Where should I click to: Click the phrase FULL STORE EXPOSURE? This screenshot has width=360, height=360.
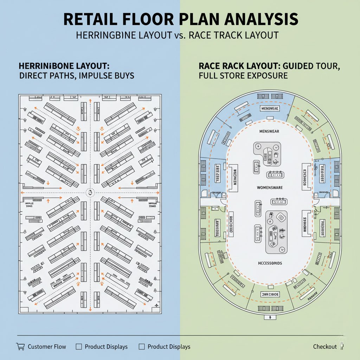243,76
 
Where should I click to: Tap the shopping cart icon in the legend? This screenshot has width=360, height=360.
20,346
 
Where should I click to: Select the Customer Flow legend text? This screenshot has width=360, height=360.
47,347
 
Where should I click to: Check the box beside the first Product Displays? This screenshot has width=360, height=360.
79,347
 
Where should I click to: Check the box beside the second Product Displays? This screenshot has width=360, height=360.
142,347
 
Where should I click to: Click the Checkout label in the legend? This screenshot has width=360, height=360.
325,347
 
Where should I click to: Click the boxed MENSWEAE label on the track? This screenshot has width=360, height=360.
270,109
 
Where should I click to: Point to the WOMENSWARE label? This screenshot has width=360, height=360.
270,187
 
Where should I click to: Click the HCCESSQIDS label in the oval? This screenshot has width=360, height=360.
270,263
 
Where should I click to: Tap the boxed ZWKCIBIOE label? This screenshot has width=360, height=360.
270,294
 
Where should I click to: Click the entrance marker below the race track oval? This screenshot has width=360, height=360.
270,317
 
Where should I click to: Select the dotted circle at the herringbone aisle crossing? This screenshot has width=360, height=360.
90,192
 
